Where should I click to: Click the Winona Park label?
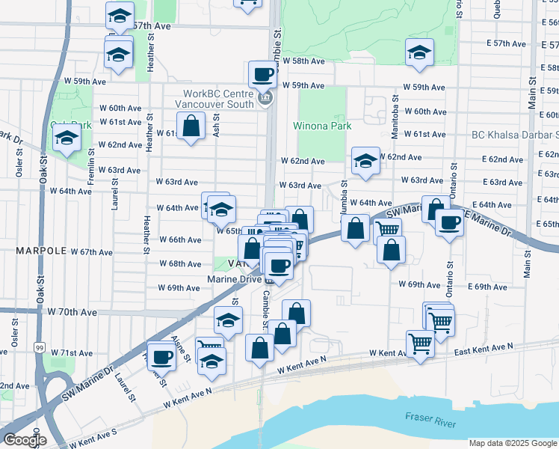click(x=322, y=126)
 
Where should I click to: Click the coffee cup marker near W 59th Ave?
click(x=262, y=75)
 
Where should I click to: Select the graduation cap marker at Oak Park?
click(x=67, y=139)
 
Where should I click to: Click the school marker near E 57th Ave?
click(x=419, y=53)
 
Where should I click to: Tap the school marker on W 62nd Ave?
click(x=365, y=161)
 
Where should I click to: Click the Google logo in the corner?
click(x=25, y=439)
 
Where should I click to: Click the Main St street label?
click(x=531, y=92)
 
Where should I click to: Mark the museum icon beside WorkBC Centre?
click(x=263, y=100)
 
